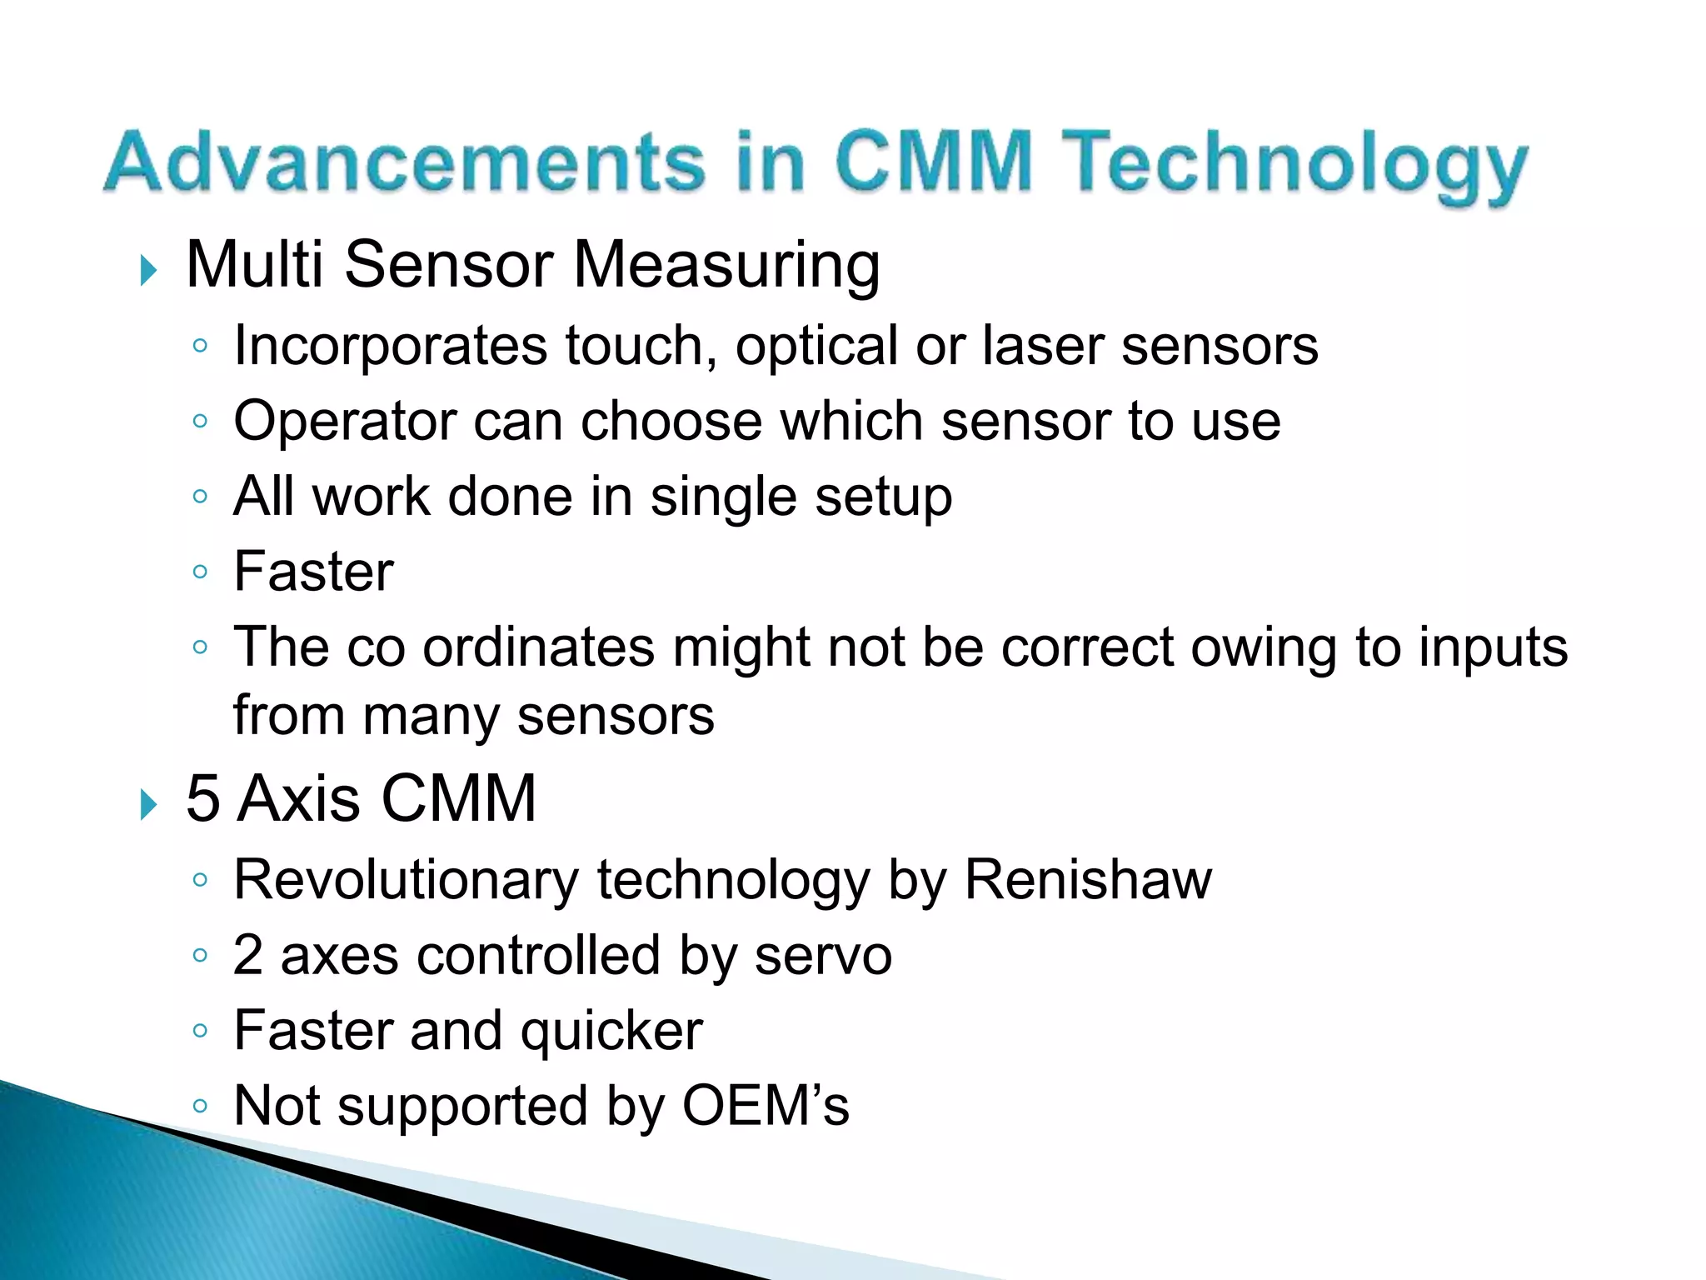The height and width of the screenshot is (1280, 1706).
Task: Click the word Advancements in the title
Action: click(404, 162)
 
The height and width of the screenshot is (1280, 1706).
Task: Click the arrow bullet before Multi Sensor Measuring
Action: click(148, 270)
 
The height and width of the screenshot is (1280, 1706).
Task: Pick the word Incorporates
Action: click(390, 347)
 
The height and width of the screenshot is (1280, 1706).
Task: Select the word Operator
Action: click(344, 422)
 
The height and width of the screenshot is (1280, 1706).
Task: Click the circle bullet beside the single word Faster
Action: click(199, 572)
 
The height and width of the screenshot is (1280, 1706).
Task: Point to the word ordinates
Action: click(538, 647)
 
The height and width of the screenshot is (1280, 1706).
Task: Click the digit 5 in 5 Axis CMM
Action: click(202, 798)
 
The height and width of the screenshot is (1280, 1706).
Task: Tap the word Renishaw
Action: click(1088, 880)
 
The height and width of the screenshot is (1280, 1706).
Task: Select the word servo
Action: click(823, 956)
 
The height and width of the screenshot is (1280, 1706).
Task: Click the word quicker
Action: click(611, 1032)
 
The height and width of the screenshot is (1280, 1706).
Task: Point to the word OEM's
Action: click(766, 1107)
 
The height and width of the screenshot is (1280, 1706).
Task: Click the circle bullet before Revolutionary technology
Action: click(199, 880)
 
